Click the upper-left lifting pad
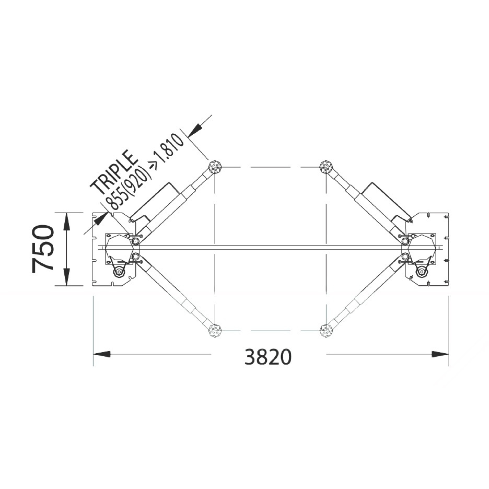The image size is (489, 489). coord(215,167)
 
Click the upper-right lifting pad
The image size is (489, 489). coord(326,167)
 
